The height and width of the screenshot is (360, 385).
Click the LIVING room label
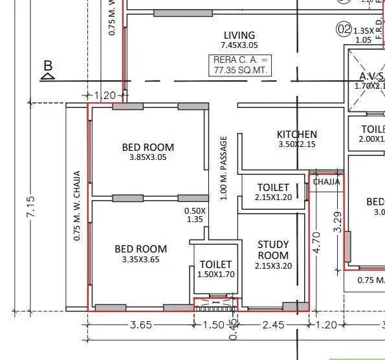click(239, 35)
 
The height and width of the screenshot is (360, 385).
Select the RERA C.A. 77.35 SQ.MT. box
click(239, 65)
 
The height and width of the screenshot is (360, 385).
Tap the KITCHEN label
click(296, 135)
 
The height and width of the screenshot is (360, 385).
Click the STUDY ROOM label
click(273, 249)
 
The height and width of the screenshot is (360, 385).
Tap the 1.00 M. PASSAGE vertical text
click(224, 168)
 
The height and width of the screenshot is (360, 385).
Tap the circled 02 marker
click(343, 29)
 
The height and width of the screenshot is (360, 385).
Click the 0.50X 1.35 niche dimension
click(195, 215)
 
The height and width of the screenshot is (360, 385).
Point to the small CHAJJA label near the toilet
click(326, 182)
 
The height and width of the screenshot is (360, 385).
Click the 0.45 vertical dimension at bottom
click(234, 327)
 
